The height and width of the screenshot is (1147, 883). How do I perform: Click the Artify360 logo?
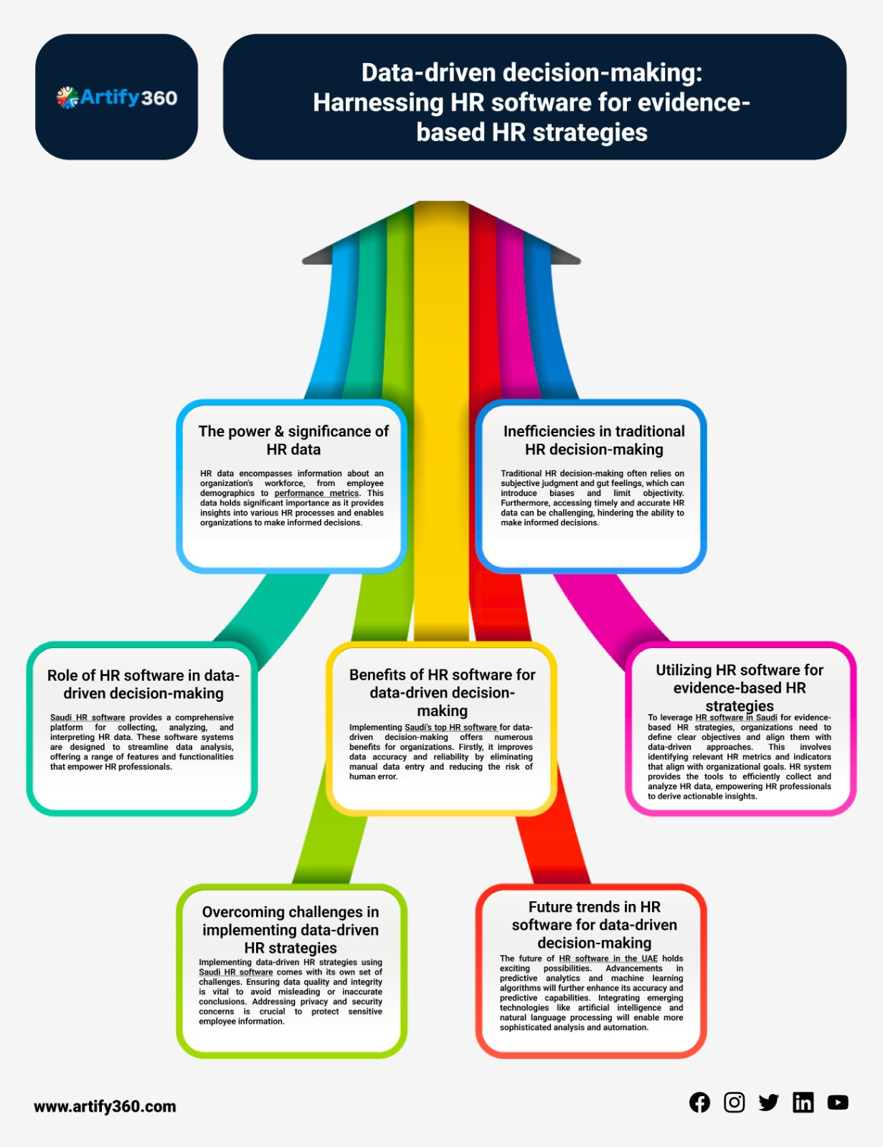(117, 97)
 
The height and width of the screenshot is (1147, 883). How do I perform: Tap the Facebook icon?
(699, 1103)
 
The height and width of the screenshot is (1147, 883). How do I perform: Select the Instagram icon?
(734, 1103)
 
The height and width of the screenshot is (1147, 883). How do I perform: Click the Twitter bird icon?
(768, 1103)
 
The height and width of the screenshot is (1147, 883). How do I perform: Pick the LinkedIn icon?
(803, 1103)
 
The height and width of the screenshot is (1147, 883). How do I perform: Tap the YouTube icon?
(837, 1103)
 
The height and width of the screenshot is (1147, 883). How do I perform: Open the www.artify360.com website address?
(105, 1106)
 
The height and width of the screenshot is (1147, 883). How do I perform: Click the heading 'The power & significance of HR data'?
(293, 440)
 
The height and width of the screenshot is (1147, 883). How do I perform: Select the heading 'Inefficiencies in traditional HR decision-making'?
(594, 440)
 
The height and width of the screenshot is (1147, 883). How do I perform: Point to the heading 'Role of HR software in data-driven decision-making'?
(143, 684)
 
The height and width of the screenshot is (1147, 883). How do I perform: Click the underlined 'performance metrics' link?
(316, 493)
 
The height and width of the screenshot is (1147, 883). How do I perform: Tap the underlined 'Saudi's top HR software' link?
(450, 727)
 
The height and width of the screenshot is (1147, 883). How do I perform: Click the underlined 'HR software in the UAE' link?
(608, 958)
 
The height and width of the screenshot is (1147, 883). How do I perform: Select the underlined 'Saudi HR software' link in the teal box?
(88, 718)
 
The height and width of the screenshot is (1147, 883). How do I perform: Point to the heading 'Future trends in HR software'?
(594, 925)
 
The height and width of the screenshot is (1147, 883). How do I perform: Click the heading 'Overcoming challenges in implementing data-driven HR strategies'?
(291, 930)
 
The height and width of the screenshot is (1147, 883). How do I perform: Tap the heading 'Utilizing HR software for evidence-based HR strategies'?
(740, 687)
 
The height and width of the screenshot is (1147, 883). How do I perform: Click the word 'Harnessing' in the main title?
(378, 103)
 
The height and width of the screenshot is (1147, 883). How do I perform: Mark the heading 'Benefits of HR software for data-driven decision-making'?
(443, 693)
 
